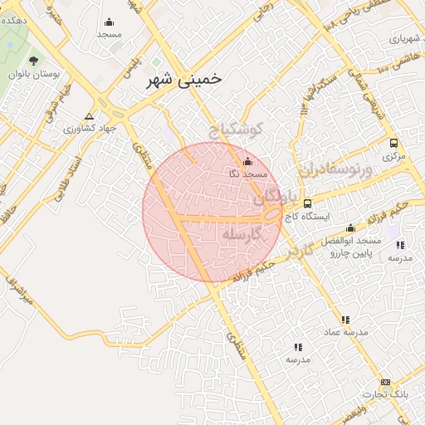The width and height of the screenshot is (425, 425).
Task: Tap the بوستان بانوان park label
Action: click(34, 75)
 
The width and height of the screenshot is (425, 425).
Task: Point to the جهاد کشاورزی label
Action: click(89, 129)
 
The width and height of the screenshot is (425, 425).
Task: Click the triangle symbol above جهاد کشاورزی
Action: click(89, 116)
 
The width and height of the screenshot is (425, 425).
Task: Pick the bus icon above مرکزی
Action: click(394, 142)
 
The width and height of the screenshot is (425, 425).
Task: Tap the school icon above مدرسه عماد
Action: click(345, 320)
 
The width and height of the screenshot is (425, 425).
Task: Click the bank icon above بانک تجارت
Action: click(384, 383)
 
